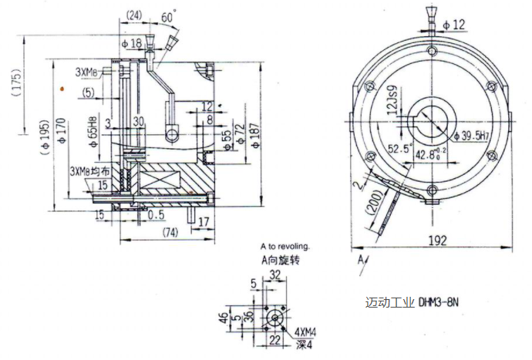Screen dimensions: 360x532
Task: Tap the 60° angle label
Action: point(167,16)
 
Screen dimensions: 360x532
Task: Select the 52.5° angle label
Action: point(399,148)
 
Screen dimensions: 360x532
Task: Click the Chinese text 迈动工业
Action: point(389,302)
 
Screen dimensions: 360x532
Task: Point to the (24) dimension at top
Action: point(133,15)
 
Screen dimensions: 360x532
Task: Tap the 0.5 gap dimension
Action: point(157,214)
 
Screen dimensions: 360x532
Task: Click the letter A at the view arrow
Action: point(360,262)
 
